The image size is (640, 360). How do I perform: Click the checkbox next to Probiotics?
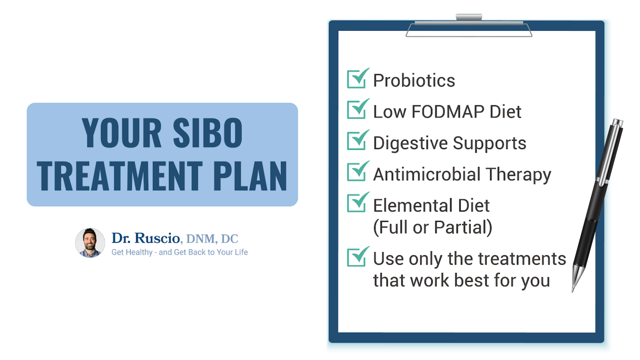tap(357, 79)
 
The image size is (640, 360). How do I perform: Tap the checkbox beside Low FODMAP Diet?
tap(357, 110)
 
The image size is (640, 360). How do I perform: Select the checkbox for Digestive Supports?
tap(357, 141)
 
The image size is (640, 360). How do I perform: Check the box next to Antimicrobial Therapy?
tap(357, 172)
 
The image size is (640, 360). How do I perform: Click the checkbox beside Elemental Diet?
tap(357, 203)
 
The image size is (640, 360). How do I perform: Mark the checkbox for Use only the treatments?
tap(357, 257)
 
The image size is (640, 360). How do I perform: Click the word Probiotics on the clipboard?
tap(414, 80)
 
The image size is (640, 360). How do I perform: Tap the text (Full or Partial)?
tap(432, 227)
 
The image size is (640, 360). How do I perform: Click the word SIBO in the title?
tap(207, 133)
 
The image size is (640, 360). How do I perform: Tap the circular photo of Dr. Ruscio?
tap(90, 243)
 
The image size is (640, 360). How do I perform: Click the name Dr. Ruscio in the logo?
tap(145, 238)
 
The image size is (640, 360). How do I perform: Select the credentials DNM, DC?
tap(212, 239)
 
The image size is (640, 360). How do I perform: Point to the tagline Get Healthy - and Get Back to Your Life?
tap(180, 252)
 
